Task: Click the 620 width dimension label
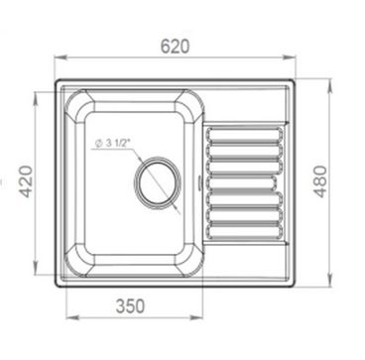pyautogui.click(x=175, y=47)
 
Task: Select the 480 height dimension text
pyautogui.click(x=320, y=181)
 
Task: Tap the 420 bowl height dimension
pyautogui.click(x=28, y=181)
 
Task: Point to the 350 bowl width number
pyautogui.click(x=130, y=306)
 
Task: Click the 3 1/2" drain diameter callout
pyautogui.click(x=112, y=144)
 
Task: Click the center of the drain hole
pyautogui.click(x=158, y=183)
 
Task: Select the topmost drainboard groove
pyautogui.click(x=245, y=135)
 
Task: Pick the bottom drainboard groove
pyautogui.click(x=245, y=231)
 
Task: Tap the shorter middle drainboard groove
pyautogui.click(x=241, y=183)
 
